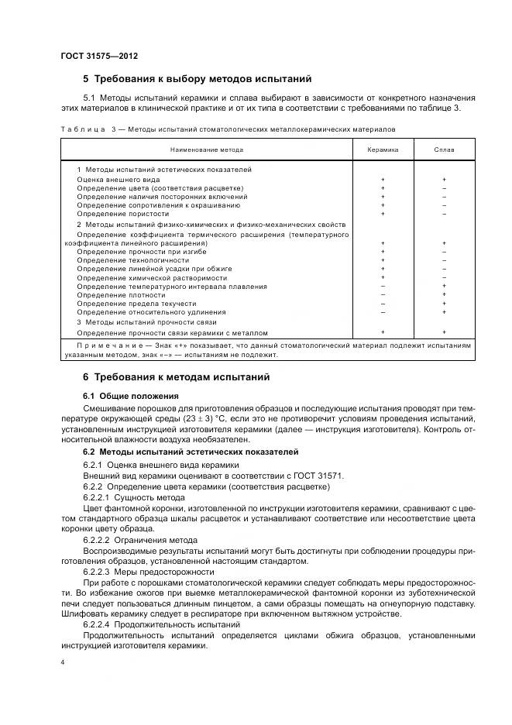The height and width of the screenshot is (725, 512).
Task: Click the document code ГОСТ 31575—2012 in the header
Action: point(99,56)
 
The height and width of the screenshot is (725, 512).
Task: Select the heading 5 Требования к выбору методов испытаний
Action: point(197,78)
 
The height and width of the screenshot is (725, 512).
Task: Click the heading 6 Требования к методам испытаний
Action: point(176,377)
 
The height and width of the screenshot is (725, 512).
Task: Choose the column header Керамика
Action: point(383,149)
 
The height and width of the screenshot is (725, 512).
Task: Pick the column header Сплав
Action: point(444,149)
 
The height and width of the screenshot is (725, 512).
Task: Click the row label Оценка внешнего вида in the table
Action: point(119,179)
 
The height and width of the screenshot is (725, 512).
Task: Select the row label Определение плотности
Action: point(121,294)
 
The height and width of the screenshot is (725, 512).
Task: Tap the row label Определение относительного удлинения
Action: point(140,311)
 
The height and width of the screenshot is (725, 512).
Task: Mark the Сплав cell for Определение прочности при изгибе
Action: point(444,252)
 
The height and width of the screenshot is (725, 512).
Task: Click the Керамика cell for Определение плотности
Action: point(383,294)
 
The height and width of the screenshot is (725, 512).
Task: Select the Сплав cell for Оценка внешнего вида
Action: point(444,179)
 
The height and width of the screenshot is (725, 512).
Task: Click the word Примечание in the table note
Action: point(103,345)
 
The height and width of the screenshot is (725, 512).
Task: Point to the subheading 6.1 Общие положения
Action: point(123,396)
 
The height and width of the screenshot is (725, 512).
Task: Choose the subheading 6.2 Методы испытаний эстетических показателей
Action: point(190,452)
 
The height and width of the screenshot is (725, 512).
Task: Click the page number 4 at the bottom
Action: point(63,663)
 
